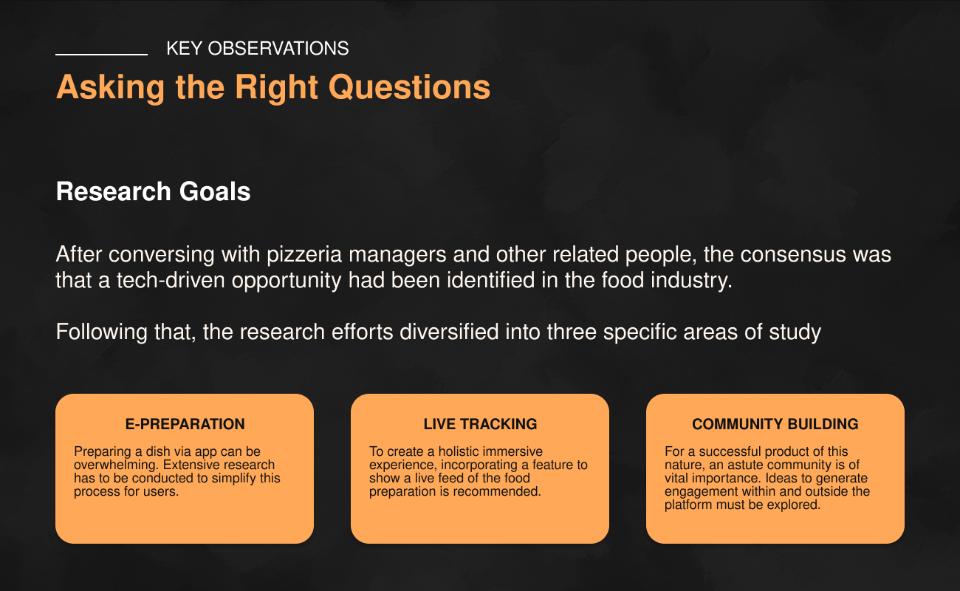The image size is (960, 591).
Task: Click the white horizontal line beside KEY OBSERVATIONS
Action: pyautogui.click(x=102, y=55)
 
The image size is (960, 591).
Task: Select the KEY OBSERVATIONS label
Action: pyautogui.click(x=258, y=49)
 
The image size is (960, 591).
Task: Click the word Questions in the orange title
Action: pyautogui.click(x=409, y=87)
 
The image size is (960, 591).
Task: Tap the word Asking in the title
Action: pyautogui.click(x=110, y=88)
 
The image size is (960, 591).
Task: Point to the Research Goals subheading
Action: pyautogui.click(x=153, y=191)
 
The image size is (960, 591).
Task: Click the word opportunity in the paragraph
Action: pyautogui.click(x=287, y=281)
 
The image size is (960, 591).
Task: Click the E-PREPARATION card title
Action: pyautogui.click(x=185, y=424)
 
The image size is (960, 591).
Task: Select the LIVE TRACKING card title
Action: pyautogui.click(x=480, y=424)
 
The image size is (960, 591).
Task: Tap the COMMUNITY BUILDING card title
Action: pyautogui.click(x=775, y=424)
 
